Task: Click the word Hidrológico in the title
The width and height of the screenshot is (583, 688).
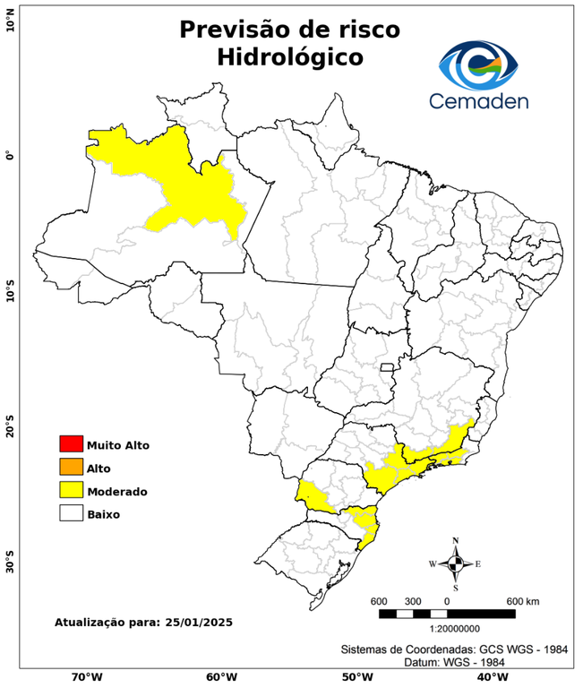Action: (x=289, y=57)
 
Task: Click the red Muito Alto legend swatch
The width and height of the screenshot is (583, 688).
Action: (x=71, y=444)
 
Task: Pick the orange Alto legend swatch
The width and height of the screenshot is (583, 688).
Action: (x=71, y=468)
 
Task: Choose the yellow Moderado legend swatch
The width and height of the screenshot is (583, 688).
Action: (x=71, y=491)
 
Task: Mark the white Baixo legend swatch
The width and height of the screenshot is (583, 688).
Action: (x=71, y=514)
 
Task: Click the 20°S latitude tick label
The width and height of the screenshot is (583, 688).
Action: (x=10, y=426)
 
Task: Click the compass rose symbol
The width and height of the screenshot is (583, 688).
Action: (x=456, y=563)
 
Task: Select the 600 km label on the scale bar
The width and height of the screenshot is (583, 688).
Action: (x=523, y=600)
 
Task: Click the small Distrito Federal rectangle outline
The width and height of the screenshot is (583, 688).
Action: (x=388, y=366)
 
